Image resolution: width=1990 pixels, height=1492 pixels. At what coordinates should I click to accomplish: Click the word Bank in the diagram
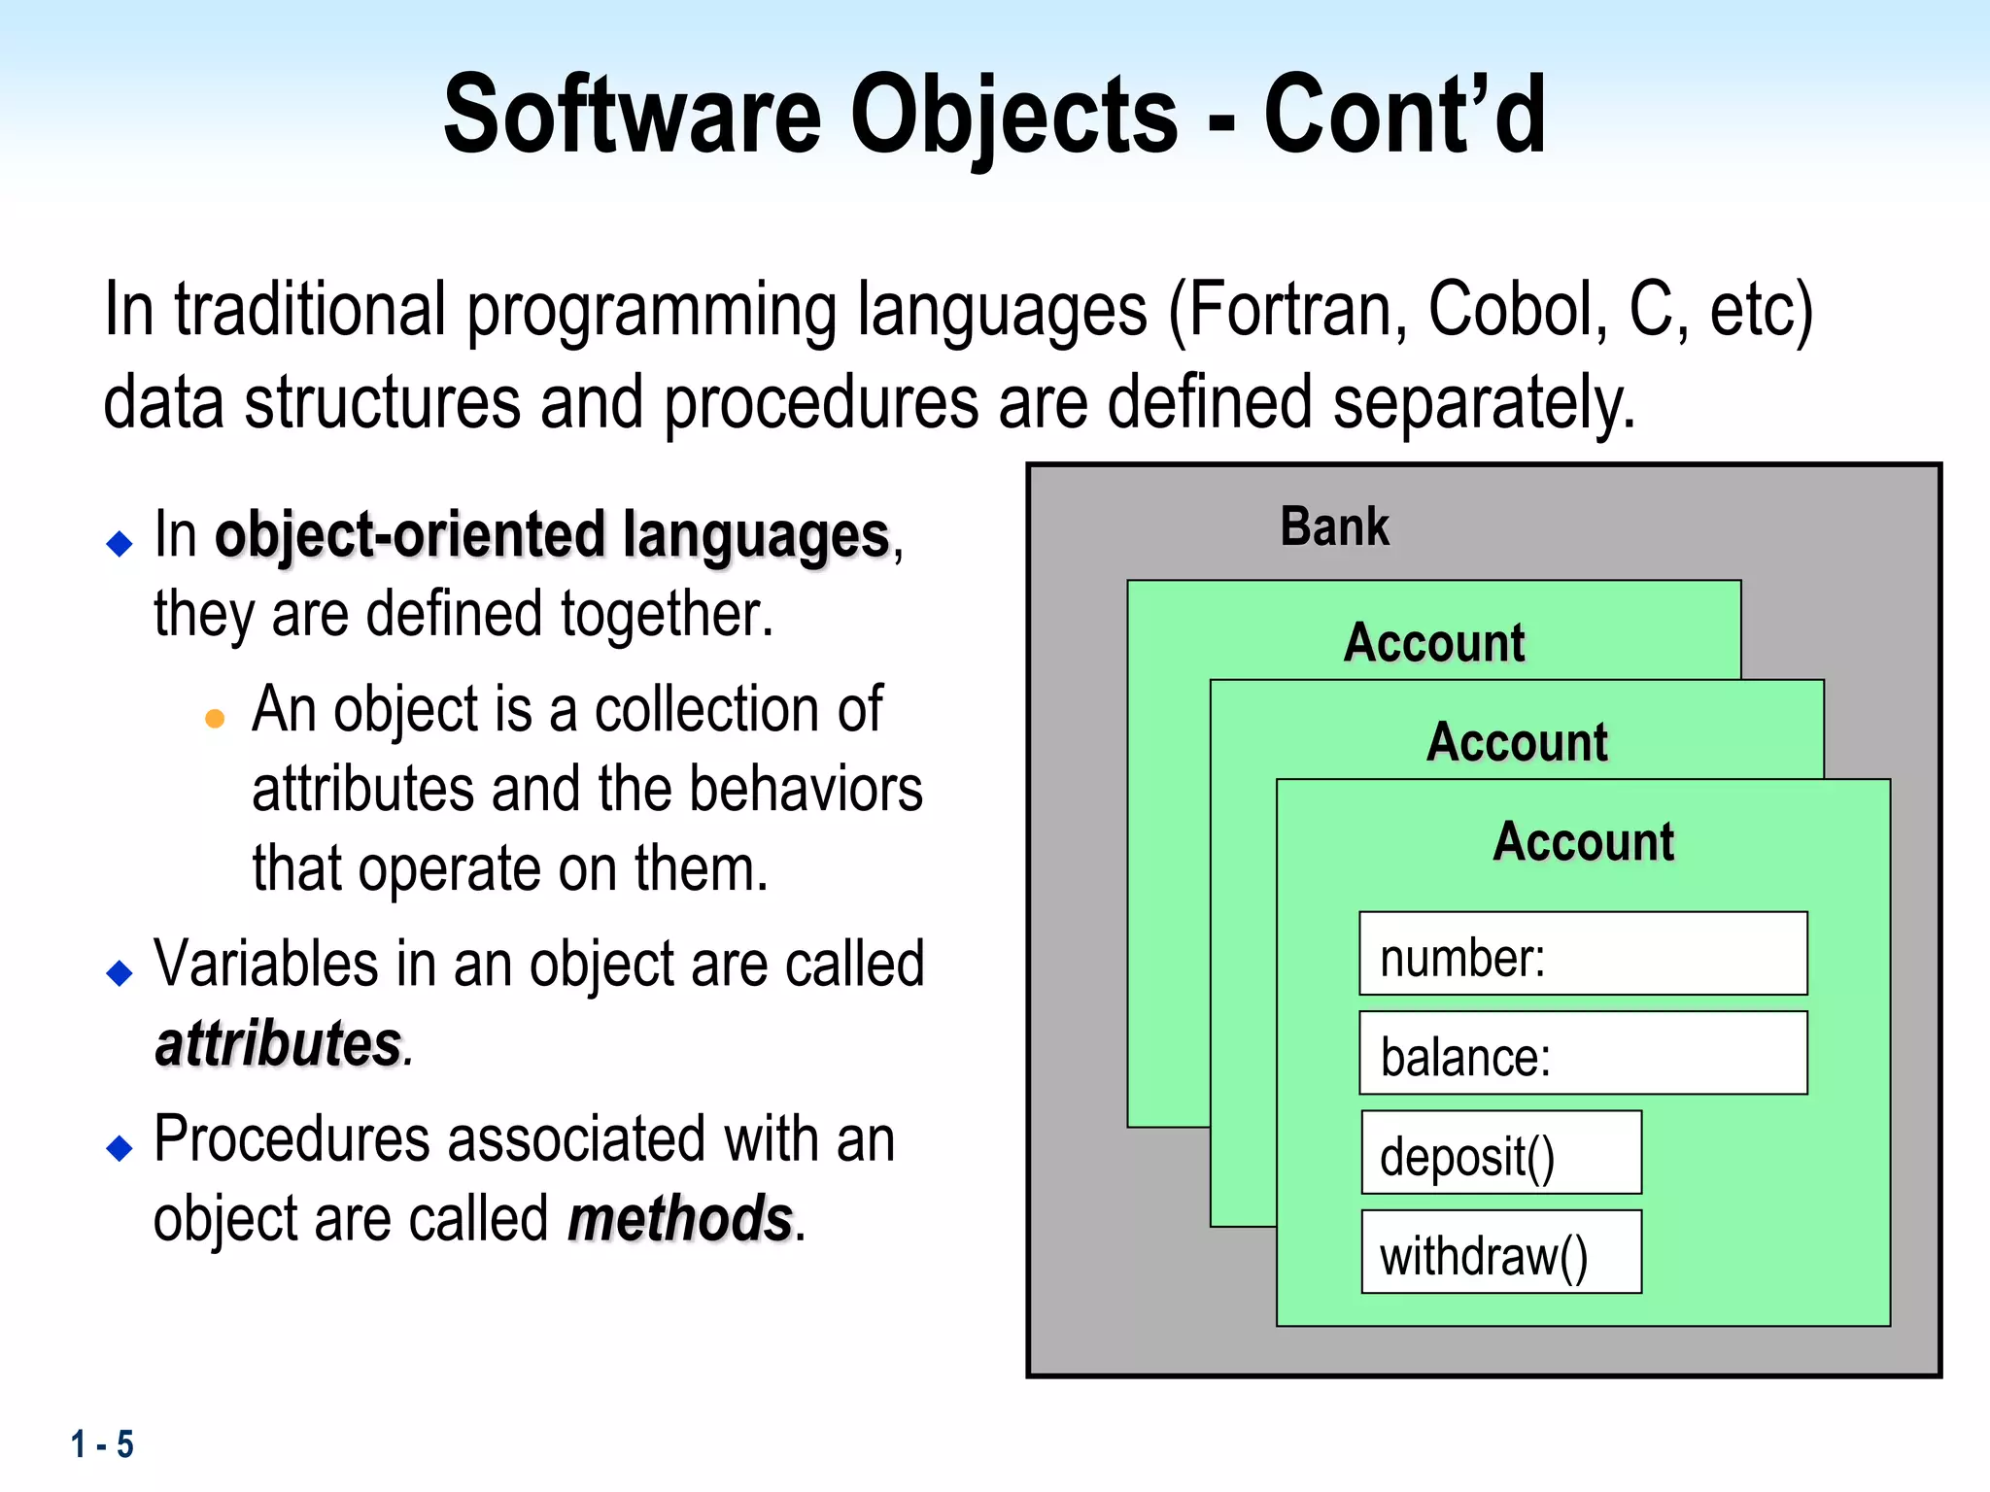click(1334, 527)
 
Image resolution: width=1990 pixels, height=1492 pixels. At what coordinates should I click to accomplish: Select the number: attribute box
click(1583, 954)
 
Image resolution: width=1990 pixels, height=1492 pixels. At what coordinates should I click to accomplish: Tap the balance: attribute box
click(1583, 1054)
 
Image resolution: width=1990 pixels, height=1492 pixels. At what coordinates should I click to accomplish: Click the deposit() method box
click(1501, 1153)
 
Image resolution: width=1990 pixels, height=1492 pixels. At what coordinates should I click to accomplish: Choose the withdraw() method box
click(1501, 1253)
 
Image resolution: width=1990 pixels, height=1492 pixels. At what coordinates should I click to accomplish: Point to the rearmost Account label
click(1434, 643)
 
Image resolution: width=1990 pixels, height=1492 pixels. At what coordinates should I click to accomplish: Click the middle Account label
click(1517, 743)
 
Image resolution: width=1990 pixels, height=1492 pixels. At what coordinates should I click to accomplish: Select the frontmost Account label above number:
click(1583, 842)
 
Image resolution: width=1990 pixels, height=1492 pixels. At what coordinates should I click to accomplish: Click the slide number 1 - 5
click(102, 1444)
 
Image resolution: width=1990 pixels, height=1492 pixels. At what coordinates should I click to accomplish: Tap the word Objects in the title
click(1013, 117)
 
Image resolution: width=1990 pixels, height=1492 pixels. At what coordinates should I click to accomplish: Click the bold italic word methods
click(680, 1219)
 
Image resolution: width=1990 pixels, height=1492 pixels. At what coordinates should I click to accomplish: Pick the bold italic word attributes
click(279, 1044)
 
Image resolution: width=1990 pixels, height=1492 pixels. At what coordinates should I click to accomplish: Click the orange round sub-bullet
click(216, 719)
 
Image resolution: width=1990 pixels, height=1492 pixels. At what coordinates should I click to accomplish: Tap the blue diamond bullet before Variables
click(120, 972)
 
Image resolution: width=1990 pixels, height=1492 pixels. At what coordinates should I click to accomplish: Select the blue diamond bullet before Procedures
click(120, 1148)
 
